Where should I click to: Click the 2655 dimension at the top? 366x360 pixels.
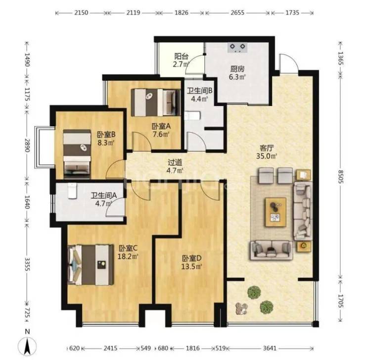[237, 12]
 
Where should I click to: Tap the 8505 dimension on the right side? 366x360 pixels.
[341, 177]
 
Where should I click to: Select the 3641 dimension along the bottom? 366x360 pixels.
[270, 348]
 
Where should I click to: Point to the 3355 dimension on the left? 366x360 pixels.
[27, 264]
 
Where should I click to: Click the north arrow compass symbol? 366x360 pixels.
[27, 347]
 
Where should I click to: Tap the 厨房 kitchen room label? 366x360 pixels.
[237, 69]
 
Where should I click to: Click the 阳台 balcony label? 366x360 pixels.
[182, 56]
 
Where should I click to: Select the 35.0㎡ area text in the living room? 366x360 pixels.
[266, 156]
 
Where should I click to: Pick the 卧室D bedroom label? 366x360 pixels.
[191, 258]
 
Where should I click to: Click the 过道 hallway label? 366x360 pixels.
[175, 162]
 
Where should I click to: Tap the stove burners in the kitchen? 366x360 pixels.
[237, 48]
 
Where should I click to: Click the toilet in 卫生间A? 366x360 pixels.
[72, 191]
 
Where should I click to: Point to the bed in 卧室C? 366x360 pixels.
[91, 265]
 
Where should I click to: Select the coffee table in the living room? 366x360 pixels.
[275, 212]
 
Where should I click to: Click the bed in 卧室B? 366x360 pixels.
[77, 154]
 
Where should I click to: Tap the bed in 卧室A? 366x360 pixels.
[156, 103]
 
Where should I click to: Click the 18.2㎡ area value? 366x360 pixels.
[128, 257]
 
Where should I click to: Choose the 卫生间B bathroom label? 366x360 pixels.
[200, 91]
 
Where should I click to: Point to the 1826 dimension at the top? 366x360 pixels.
[182, 12]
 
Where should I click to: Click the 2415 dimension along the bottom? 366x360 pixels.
[110, 348]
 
